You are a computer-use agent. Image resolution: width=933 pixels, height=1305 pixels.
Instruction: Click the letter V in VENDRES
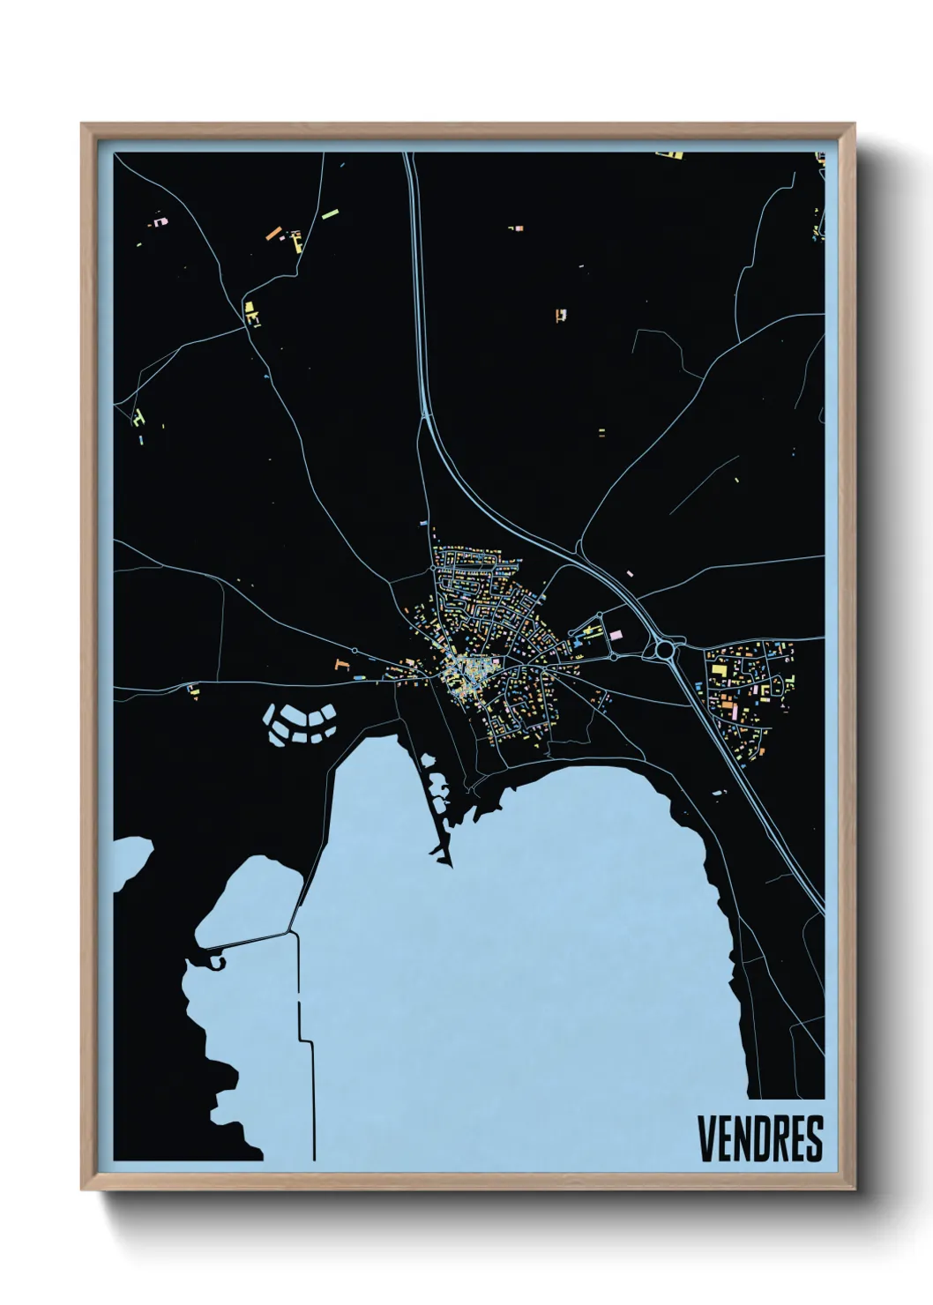pyautogui.click(x=707, y=1138)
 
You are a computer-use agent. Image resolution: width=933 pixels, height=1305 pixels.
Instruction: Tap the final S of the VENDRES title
pyautogui.click(x=814, y=1138)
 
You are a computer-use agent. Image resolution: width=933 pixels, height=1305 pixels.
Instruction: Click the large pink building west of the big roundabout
pyautogui.click(x=616, y=634)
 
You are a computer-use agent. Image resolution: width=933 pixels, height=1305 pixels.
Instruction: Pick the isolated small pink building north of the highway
pyautogui.click(x=629, y=572)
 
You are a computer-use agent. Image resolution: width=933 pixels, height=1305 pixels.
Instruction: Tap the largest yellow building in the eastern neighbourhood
pyautogui.click(x=720, y=671)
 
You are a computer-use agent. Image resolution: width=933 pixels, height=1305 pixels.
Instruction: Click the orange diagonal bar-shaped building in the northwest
pyautogui.click(x=273, y=234)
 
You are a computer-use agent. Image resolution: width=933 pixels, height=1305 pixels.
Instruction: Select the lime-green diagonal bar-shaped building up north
pyautogui.click(x=331, y=213)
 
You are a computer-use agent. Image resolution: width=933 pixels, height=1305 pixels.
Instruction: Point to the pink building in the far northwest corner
pyautogui.click(x=160, y=221)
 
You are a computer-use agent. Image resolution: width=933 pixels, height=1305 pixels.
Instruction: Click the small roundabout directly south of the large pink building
pyautogui.click(x=613, y=657)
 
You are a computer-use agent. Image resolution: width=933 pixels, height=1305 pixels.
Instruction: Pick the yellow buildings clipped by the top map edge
pyautogui.click(x=669, y=156)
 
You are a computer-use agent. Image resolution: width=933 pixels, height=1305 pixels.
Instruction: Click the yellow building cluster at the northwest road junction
pyautogui.click(x=252, y=313)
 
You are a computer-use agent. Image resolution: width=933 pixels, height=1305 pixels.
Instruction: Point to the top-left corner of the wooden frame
pyautogui.click(x=83, y=125)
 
